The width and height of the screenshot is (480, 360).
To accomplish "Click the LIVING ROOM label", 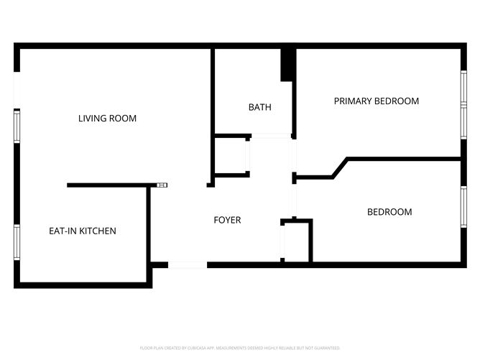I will point(107,119).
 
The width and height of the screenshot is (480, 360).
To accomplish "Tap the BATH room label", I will point(259,108).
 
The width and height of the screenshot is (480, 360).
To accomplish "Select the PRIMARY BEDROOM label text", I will point(376,101).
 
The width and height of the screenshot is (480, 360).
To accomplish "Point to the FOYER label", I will point(227,220).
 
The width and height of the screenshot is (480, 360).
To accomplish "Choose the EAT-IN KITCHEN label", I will point(82,231).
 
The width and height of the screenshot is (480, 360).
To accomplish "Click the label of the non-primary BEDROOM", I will point(389,212).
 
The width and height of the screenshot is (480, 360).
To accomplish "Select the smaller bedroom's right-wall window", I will point(463,206).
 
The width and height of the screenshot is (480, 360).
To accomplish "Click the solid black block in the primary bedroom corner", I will point(288,65).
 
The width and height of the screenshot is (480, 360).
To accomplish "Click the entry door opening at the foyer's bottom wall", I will point(188,265).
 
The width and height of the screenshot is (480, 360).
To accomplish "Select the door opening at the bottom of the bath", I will point(271,136).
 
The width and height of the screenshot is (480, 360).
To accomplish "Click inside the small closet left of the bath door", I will point(231,154).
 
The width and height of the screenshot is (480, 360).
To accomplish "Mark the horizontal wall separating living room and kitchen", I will point(108,185).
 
